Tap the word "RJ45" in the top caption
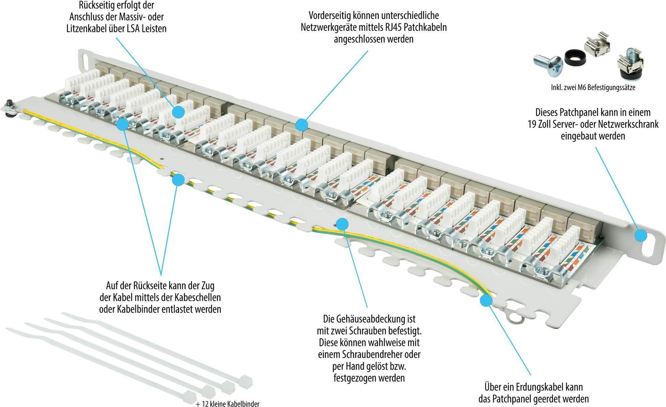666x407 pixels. point(393,27)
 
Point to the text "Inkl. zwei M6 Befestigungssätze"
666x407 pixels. point(593,88)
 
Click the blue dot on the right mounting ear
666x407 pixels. point(641,235)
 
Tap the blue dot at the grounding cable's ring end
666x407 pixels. point(486,300)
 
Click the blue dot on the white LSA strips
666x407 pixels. point(178,112)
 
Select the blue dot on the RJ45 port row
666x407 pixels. point(302,125)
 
